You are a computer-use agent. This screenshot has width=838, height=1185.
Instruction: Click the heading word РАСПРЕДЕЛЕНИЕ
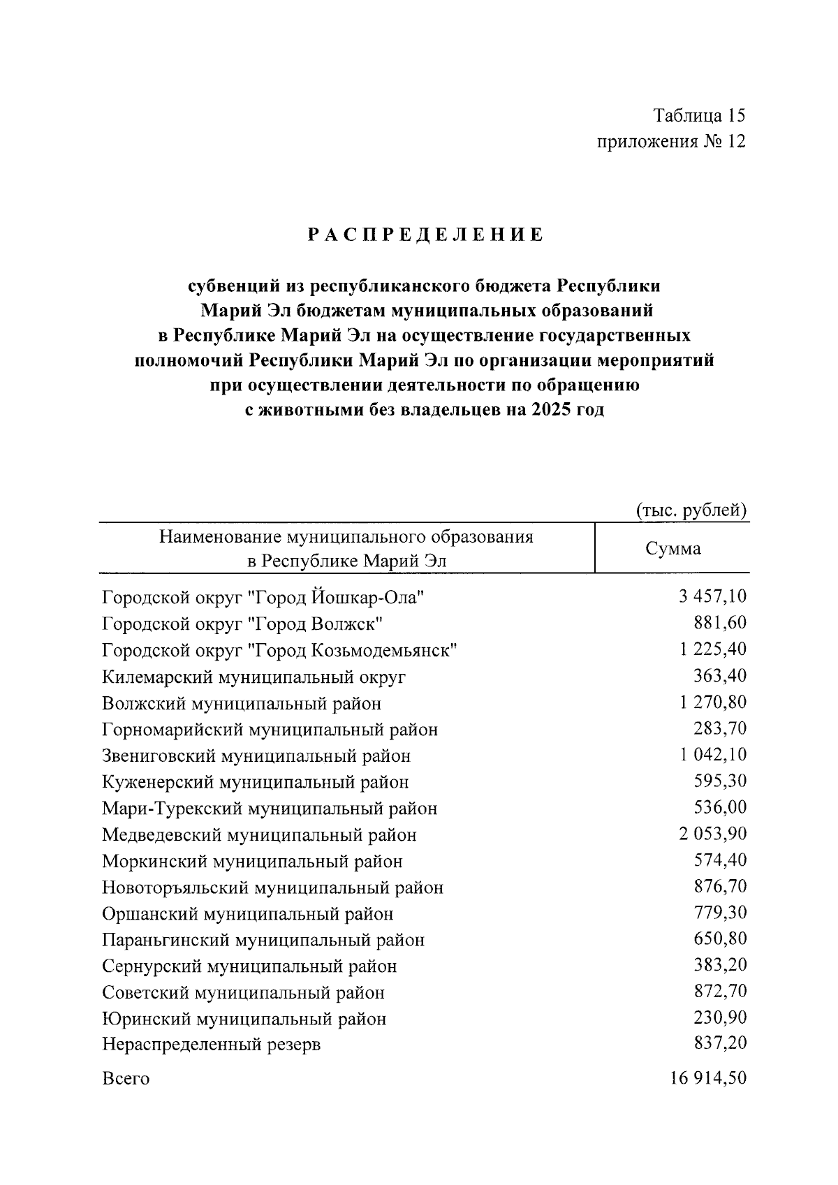pos(425,235)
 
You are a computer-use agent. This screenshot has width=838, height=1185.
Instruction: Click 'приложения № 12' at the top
pos(671,142)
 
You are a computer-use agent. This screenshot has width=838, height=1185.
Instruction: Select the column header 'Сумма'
pos(672,549)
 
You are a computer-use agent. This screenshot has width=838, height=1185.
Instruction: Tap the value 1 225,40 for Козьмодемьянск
pos(712,649)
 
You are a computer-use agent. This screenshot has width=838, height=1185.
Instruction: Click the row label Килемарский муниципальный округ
pos(253,677)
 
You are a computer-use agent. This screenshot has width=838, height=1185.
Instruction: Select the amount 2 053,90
pos(712,834)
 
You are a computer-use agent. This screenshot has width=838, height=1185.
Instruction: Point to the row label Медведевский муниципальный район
pos(259,834)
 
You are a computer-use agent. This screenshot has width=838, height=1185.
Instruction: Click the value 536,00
pos(719,807)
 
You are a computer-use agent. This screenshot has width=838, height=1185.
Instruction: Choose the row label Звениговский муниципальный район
pos(256,756)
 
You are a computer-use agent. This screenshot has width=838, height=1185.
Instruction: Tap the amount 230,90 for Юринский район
pos(719,1017)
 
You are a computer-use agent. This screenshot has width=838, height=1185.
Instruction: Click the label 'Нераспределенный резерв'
pos(211,1045)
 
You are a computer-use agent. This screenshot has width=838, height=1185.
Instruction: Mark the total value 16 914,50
pos(707,1078)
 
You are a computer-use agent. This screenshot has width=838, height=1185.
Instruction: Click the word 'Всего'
pos(126,1079)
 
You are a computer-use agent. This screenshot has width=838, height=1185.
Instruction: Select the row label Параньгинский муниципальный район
pos(263,940)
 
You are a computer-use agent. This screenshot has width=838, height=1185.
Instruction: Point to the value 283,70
pos(719,728)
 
